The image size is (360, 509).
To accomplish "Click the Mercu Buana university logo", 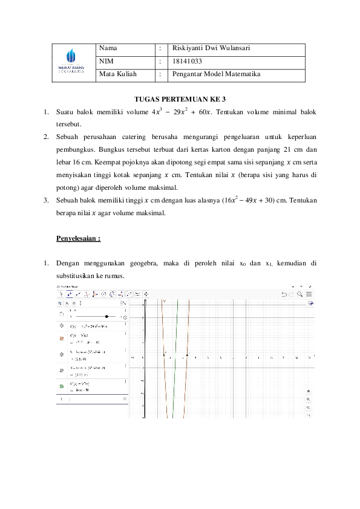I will [x=71, y=62].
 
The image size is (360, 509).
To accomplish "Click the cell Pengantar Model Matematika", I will [x=216, y=74].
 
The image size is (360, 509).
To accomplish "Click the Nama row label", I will [x=108, y=48].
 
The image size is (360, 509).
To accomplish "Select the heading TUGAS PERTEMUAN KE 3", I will [x=180, y=99].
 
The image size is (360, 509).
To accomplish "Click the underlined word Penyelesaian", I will [x=78, y=238].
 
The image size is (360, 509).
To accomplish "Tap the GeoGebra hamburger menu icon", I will [x=309, y=294].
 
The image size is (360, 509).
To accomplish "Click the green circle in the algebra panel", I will [x=61, y=386].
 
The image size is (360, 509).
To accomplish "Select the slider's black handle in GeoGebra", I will [x=107, y=316].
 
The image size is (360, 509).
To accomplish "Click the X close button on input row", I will [x=125, y=399].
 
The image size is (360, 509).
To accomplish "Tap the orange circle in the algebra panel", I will [x=61, y=340].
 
